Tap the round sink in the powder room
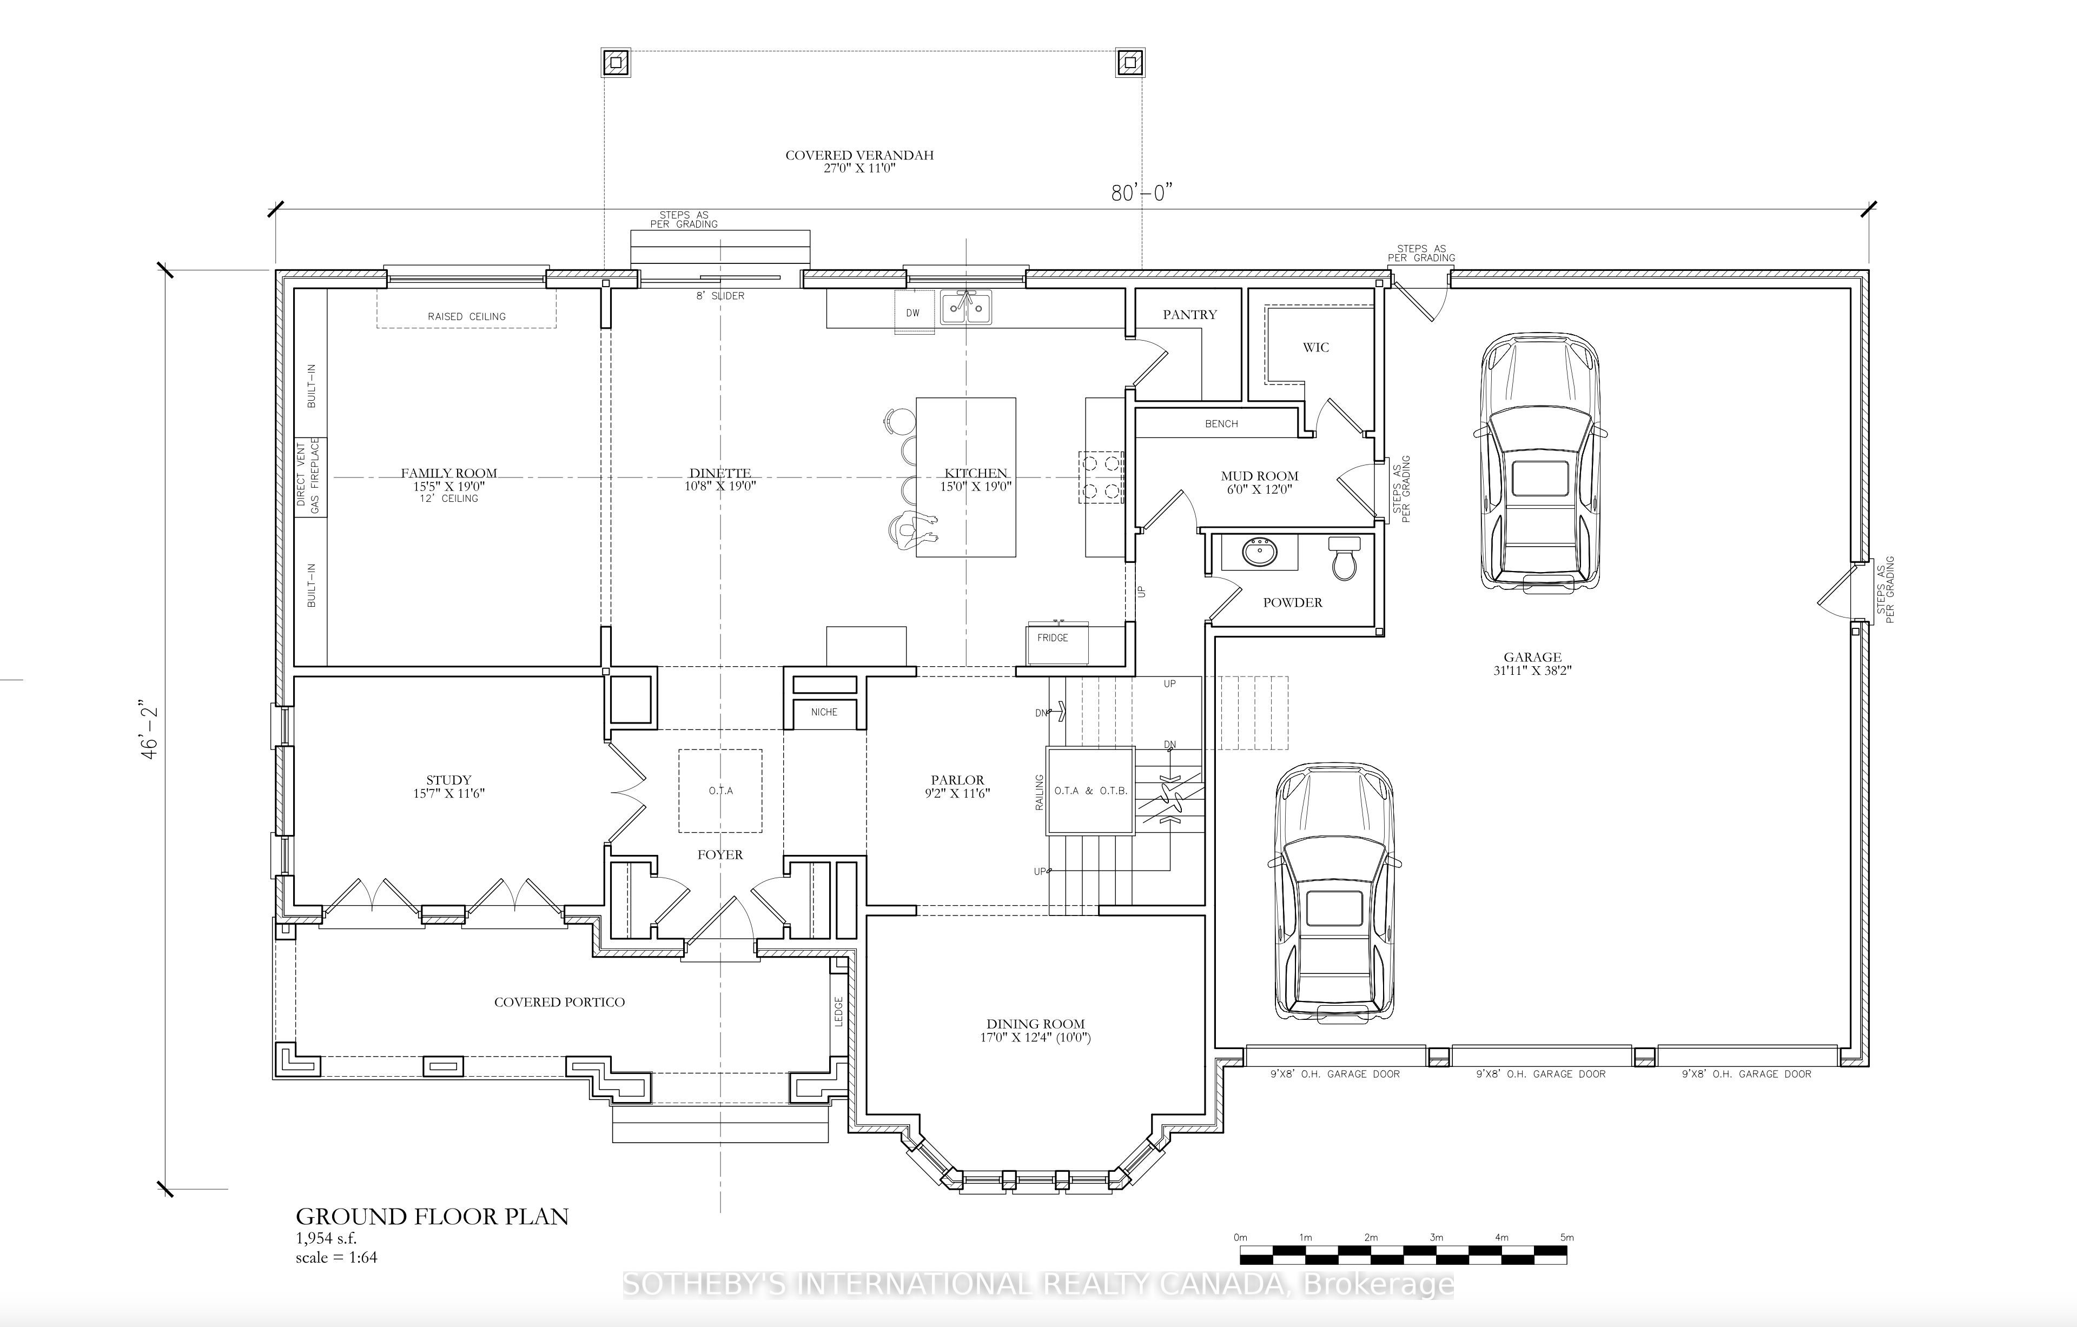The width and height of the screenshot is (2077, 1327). tap(1260, 552)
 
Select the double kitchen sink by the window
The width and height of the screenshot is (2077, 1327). tap(966, 306)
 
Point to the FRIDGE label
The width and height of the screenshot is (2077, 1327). tap(1053, 638)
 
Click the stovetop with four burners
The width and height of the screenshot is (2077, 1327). tap(1101, 477)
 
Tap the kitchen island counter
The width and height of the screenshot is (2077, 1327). tap(965, 477)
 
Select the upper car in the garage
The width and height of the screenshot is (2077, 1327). tap(1540, 463)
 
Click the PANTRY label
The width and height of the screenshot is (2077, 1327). tap(1189, 315)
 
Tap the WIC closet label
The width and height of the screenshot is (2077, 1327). tap(1315, 348)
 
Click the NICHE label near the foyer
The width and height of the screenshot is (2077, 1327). tap(824, 712)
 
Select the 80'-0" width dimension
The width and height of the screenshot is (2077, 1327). tap(1141, 193)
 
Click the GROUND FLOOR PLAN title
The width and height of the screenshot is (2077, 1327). tap(432, 1217)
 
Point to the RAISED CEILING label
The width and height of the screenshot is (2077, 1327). tap(467, 316)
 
